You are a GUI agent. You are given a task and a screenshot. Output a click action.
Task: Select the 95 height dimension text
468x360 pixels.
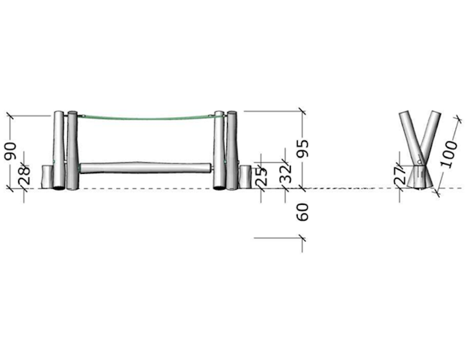click(x=302, y=148)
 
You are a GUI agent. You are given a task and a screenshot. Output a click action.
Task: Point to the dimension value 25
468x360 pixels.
click(x=261, y=176)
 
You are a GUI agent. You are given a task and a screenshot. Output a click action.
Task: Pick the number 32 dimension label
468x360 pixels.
click(x=285, y=173)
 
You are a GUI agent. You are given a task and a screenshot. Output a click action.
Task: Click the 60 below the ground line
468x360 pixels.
click(x=302, y=212)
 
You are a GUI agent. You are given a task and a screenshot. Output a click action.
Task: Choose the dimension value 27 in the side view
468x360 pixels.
click(x=400, y=175)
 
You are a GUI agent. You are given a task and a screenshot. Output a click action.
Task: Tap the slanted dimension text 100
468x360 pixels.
click(x=449, y=155)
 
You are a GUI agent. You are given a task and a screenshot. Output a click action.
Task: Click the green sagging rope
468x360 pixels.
click(x=149, y=119)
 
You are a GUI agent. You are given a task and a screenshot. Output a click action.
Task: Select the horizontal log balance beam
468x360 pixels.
click(x=145, y=168)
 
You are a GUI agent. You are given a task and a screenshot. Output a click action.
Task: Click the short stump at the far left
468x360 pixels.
click(x=47, y=177)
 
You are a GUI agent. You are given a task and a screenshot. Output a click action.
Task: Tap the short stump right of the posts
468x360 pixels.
click(x=245, y=177)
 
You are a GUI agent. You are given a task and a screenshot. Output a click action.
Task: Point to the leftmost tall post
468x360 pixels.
click(x=59, y=150)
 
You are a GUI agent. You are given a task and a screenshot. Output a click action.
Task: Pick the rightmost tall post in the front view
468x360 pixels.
click(x=232, y=150)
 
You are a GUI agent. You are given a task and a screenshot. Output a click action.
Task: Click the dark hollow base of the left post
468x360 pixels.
click(x=59, y=188)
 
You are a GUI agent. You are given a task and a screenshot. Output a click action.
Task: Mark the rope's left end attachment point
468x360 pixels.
click(x=83, y=116)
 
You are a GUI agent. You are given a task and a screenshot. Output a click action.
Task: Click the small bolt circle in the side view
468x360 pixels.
click(x=419, y=162)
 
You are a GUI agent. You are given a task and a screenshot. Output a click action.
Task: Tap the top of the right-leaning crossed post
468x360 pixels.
click(x=435, y=113)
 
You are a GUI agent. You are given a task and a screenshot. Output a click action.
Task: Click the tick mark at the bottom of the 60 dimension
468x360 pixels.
click(x=302, y=238)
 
